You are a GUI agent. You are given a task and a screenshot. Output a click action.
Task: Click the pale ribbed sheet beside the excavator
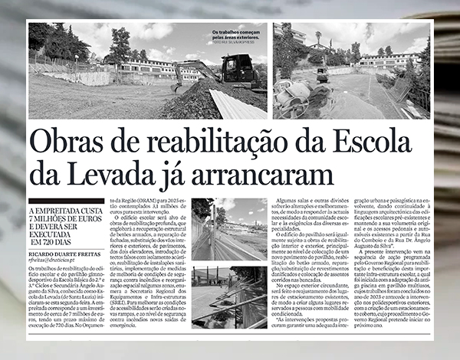238,104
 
